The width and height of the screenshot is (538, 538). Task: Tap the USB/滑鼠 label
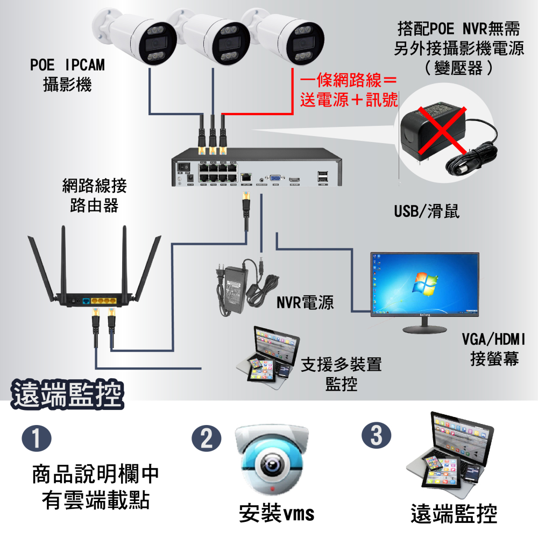(427, 211)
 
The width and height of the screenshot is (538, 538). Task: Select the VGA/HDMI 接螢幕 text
(494, 349)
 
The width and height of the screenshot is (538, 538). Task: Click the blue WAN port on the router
(86, 301)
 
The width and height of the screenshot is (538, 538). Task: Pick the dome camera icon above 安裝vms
(273, 457)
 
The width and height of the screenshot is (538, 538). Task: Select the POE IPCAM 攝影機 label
(67, 75)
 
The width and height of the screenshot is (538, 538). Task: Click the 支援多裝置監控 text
(341, 374)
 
